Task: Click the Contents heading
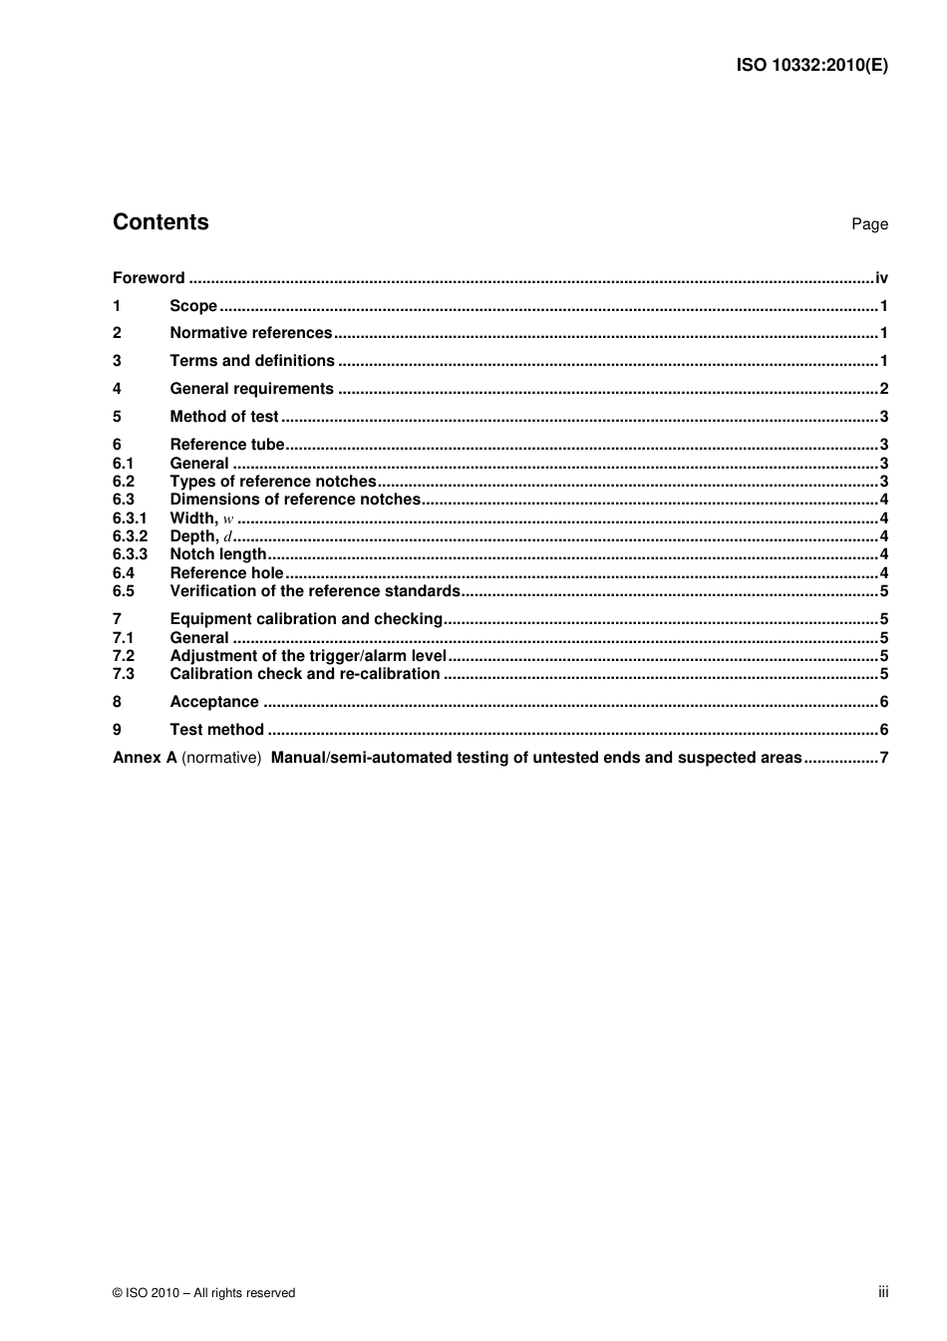coord(160,222)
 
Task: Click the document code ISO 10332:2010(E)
coord(811,66)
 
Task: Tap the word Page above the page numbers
coord(869,224)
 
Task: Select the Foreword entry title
coord(149,278)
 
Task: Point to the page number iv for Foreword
coord(881,278)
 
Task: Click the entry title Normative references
coord(250,333)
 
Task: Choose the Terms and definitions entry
coord(252,361)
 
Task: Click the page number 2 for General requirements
coord(883,389)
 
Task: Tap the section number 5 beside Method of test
coord(117,417)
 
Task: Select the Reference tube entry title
coord(227,445)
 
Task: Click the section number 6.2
coord(124,482)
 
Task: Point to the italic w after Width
coord(228,518)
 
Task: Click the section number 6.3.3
coord(130,554)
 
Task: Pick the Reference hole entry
coord(226,573)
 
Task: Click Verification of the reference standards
coord(315,591)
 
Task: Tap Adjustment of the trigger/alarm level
coord(308,656)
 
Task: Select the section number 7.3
coord(124,674)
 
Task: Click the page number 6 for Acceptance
coord(883,702)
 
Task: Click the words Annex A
coord(145,758)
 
